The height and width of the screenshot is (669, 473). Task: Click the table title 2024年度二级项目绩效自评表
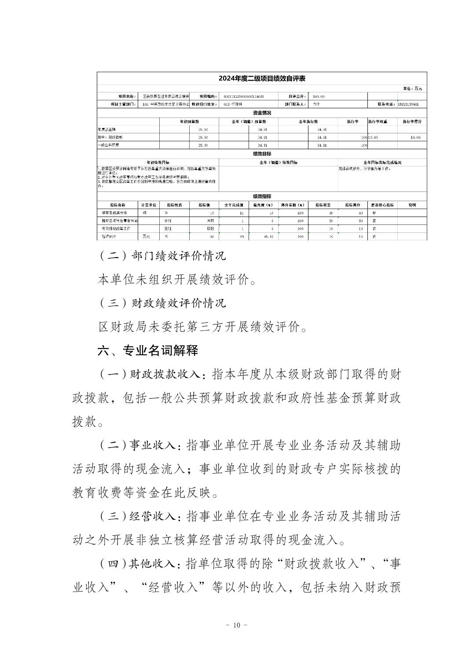click(262, 79)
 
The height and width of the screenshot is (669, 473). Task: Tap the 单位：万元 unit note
click(413, 89)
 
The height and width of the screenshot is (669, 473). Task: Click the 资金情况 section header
click(262, 113)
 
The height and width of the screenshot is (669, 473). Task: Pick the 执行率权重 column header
click(378, 121)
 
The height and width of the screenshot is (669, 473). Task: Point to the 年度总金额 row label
click(106, 129)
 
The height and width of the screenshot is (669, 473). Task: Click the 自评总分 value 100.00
click(319, 96)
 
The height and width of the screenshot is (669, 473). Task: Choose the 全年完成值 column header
click(234, 205)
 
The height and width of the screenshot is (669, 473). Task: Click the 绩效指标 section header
click(262, 196)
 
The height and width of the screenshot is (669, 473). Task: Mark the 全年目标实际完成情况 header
click(382, 162)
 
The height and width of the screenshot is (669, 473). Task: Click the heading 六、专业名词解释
click(147, 350)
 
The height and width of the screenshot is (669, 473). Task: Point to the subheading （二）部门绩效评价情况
click(161, 255)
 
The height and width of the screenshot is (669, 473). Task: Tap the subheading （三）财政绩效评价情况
click(161, 303)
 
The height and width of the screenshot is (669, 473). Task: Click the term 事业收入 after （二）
click(152, 445)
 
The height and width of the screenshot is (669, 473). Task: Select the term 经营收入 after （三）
click(152, 516)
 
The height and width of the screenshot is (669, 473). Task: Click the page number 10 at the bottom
click(236, 625)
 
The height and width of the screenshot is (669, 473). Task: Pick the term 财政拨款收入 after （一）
click(165, 374)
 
